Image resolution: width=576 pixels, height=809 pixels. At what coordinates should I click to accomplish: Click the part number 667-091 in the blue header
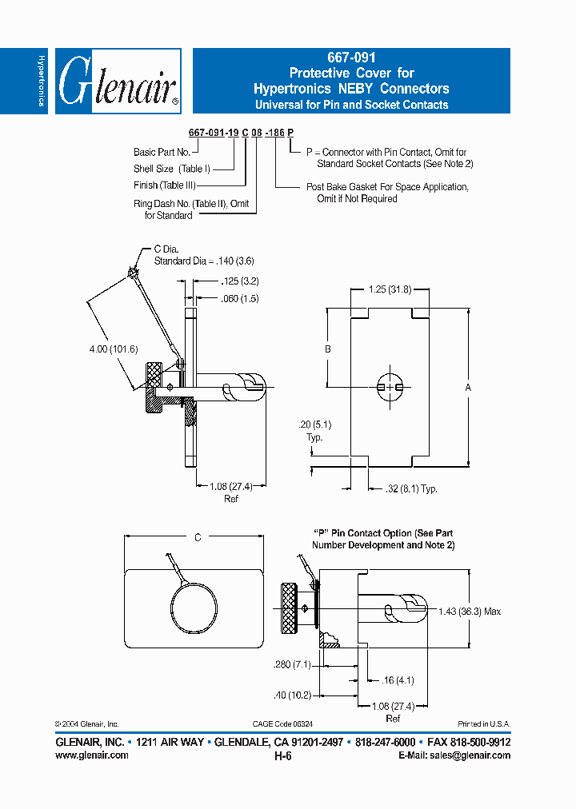pyautogui.click(x=351, y=58)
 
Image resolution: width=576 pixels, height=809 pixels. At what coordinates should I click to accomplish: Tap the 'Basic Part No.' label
pyautogui.click(x=162, y=152)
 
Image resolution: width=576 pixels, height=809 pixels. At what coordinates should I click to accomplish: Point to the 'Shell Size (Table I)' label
pyautogui.click(x=171, y=169)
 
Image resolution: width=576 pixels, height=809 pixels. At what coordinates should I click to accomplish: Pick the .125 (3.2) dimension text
pyautogui.click(x=238, y=281)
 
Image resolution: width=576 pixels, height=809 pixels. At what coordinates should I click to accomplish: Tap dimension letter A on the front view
pyautogui.click(x=469, y=387)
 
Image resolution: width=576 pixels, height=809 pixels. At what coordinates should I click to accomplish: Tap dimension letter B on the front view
pyautogui.click(x=327, y=349)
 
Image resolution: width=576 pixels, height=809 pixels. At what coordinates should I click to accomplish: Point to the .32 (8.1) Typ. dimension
pyautogui.click(x=411, y=488)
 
